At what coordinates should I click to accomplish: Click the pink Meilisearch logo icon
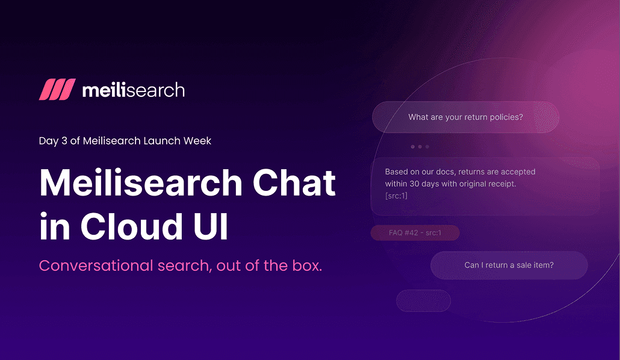pos(57,90)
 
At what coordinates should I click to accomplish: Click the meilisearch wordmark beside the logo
pos(133,90)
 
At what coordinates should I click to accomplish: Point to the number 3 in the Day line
pos(64,141)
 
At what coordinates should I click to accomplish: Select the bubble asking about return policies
pos(465,117)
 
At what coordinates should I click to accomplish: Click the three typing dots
pos(420,146)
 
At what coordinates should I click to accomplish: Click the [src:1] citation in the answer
pos(396,196)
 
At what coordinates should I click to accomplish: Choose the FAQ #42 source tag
pos(415,233)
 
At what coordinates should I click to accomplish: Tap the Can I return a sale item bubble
pos(509,265)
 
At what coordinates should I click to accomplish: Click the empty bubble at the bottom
pos(423,300)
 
